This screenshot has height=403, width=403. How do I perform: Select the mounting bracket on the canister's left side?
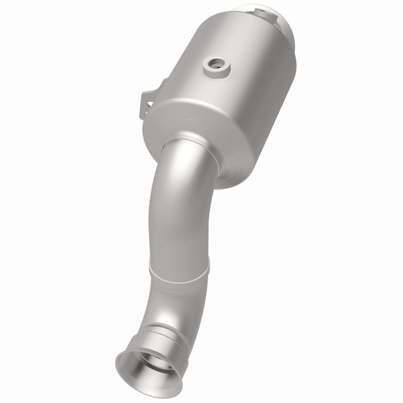[x=147, y=101]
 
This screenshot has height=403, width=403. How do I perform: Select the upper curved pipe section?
[x=176, y=201]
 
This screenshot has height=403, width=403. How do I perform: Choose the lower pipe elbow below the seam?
[x=161, y=302]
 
